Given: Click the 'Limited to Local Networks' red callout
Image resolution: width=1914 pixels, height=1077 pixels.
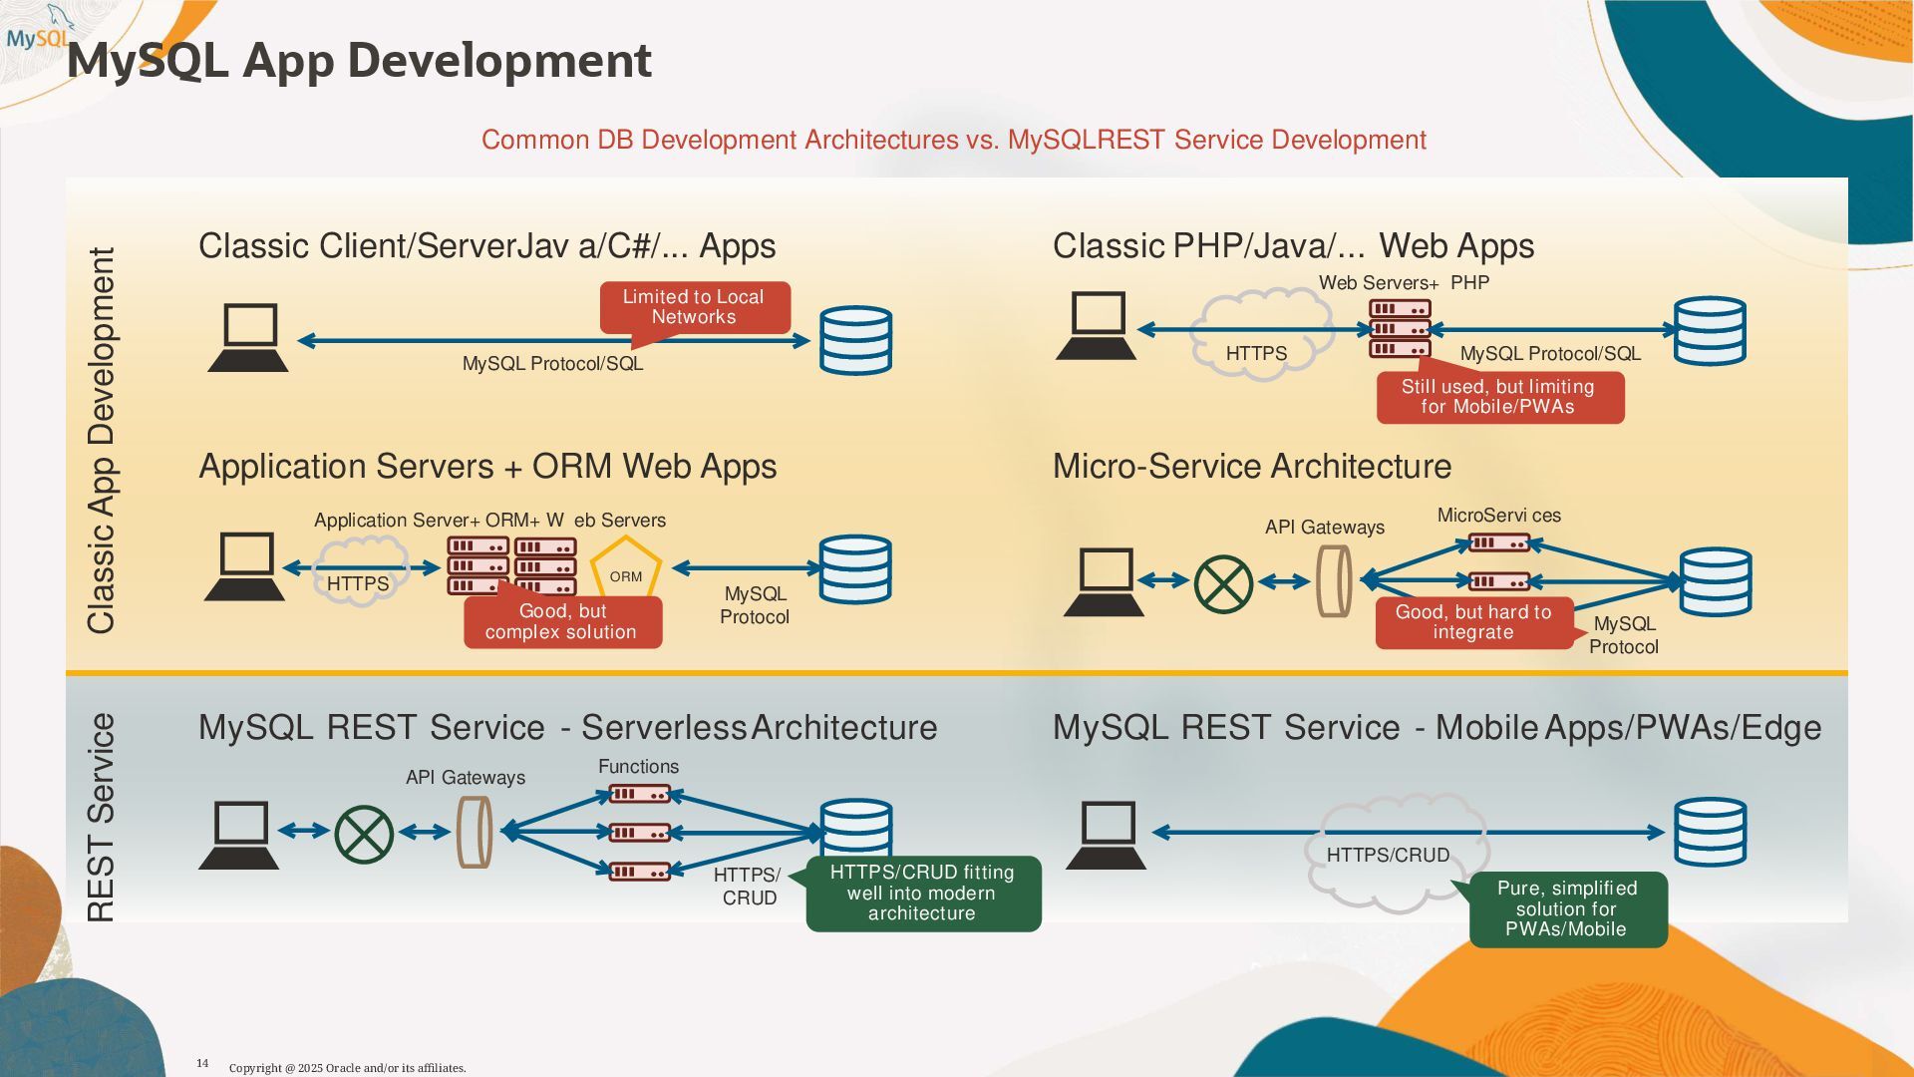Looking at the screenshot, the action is click(x=695, y=308).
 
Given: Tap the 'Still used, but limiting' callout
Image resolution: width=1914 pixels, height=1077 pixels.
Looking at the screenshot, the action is click(x=1499, y=397).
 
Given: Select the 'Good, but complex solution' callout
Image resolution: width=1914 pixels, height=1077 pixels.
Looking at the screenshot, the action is click(x=562, y=621).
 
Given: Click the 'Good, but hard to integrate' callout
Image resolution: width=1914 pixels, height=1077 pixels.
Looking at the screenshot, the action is click(x=1474, y=623).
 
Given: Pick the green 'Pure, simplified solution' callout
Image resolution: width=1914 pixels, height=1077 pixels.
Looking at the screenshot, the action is click(x=1566, y=909).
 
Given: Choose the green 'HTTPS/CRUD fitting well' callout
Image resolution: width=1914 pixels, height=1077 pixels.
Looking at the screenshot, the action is click(x=922, y=894).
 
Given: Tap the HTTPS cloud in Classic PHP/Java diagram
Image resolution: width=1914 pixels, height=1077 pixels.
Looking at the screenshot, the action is click(x=1261, y=332).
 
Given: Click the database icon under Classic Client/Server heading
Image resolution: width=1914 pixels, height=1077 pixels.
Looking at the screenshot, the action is click(x=855, y=340).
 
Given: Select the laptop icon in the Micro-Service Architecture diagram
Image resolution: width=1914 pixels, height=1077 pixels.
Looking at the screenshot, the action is click(x=1105, y=582).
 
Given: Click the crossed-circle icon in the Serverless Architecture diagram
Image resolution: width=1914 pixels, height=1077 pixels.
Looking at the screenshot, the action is click(x=364, y=834).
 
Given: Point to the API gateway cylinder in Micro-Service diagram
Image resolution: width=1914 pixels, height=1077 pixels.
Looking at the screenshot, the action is click(x=1335, y=580).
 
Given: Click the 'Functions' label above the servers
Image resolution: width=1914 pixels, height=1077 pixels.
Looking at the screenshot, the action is click(x=638, y=767).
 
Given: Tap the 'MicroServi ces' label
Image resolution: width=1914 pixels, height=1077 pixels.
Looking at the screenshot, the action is click(x=1499, y=516).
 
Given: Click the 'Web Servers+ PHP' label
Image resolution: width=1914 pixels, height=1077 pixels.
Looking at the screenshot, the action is click(x=1404, y=283).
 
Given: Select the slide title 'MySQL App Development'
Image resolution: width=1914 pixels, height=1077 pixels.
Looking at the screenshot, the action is click(x=359, y=61).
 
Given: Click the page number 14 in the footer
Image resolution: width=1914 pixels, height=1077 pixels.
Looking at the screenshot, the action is click(x=202, y=1063).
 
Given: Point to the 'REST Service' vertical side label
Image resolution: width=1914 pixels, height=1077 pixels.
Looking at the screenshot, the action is click(x=102, y=818).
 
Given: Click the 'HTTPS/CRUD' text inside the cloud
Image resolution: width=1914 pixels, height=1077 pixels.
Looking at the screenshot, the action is click(x=1388, y=856).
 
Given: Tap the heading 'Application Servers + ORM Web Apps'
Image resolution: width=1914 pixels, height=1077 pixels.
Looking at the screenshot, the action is click(x=487, y=467).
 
